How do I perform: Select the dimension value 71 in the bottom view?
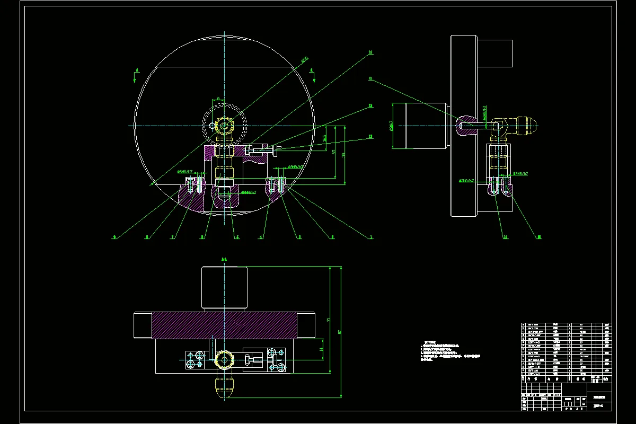coord(329,321)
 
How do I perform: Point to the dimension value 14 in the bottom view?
coord(321,350)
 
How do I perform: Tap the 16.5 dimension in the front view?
coord(324,138)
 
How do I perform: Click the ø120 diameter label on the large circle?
coord(305,60)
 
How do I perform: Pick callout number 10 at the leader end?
coord(370,52)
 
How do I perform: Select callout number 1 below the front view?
coord(372,237)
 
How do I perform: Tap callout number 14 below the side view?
coord(506,237)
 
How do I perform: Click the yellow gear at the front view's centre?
coord(225,126)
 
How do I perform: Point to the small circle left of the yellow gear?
coord(213,125)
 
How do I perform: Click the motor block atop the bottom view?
coord(224,288)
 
